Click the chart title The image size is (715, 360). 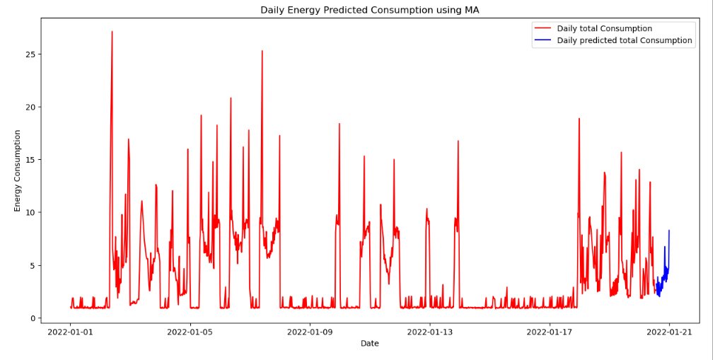369,10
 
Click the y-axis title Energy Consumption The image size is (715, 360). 18,170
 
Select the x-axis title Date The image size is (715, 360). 369,343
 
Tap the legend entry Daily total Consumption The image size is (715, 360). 604,28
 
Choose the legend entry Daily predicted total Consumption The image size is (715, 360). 624,40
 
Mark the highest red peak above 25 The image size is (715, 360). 112,32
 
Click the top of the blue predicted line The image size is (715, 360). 669,231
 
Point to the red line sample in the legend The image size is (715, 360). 543,28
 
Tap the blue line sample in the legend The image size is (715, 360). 543,40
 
